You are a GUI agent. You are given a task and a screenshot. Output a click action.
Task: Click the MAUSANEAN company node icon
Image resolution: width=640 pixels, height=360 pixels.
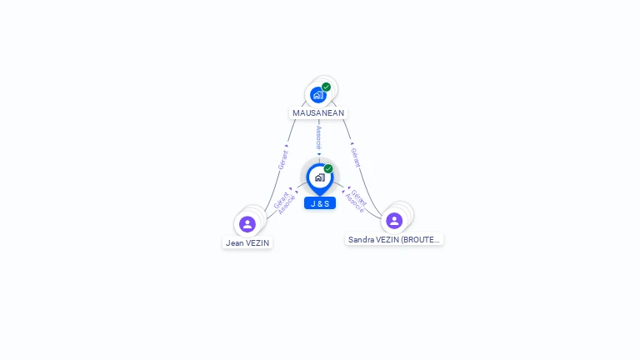pyautogui.click(x=318, y=95)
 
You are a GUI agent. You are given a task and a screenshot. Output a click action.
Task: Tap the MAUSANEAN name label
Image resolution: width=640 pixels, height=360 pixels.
pyautogui.click(x=318, y=112)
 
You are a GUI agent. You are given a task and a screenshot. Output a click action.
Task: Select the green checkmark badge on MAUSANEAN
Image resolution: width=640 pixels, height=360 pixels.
pyautogui.click(x=327, y=87)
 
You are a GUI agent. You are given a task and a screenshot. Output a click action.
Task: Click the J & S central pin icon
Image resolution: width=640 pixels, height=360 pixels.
pyautogui.click(x=319, y=177)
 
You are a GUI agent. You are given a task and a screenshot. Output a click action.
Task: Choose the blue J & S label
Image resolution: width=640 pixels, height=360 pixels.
pyautogui.click(x=320, y=203)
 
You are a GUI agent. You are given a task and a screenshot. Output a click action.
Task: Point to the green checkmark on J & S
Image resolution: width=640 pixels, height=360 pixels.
pyautogui.click(x=328, y=169)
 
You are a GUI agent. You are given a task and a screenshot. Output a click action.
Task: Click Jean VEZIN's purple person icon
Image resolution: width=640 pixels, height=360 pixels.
pyautogui.click(x=247, y=224)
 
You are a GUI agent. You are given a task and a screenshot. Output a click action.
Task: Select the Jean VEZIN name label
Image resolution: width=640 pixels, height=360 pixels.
pyautogui.click(x=247, y=243)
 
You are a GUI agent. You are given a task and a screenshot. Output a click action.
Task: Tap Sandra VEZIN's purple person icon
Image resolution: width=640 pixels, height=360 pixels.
pyautogui.click(x=394, y=221)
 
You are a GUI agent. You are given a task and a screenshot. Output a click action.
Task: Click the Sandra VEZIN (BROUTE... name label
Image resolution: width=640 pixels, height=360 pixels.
pyautogui.click(x=394, y=239)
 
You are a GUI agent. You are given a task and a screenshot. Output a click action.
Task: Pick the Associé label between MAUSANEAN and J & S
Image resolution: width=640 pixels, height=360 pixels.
pyautogui.click(x=318, y=137)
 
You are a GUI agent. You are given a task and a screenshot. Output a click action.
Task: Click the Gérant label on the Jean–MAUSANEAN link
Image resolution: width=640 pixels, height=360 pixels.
pyautogui.click(x=282, y=160)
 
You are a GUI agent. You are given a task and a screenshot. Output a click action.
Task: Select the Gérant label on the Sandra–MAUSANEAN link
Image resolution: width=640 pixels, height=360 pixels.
pyautogui.click(x=356, y=157)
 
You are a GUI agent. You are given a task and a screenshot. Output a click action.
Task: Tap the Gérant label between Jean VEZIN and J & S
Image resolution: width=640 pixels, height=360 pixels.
pyautogui.click(x=281, y=199)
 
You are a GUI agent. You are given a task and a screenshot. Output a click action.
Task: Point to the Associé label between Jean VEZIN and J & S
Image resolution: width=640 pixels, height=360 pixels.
pyautogui.click(x=287, y=205)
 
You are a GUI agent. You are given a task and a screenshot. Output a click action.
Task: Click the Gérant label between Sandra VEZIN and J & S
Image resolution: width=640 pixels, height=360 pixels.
pyautogui.click(x=359, y=197)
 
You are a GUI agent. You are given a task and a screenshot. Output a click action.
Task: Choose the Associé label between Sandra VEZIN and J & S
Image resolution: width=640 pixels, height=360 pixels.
pyautogui.click(x=353, y=203)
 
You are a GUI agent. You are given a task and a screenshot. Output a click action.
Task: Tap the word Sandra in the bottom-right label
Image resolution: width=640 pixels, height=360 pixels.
pyautogui.click(x=362, y=239)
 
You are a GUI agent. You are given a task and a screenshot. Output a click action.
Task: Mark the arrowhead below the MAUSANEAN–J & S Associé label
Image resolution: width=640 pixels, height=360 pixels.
pyautogui.click(x=318, y=154)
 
